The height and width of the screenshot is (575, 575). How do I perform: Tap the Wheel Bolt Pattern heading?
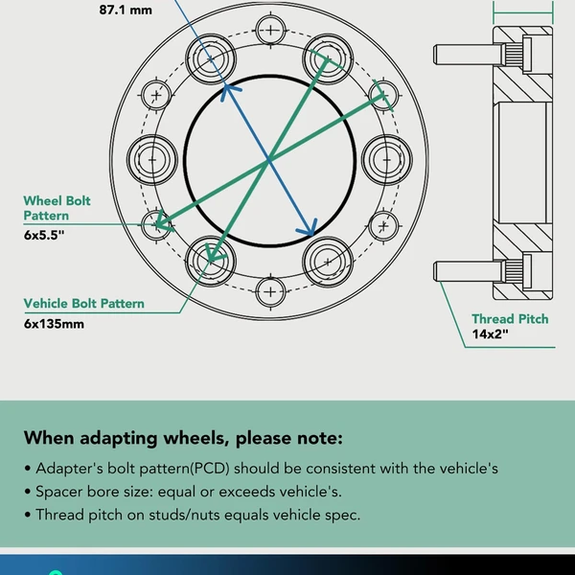coord(57,208)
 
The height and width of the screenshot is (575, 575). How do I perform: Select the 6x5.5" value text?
coord(44,235)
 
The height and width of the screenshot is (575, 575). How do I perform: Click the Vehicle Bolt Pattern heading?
coord(84,304)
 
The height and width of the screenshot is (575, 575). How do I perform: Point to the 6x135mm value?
coord(55,323)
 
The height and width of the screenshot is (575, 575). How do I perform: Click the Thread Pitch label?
coord(510,318)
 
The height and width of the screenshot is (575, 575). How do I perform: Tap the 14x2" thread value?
coord(490,335)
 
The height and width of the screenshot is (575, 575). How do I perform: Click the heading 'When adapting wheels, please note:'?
coord(182,439)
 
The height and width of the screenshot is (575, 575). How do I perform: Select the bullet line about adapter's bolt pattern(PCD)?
coord(261,470)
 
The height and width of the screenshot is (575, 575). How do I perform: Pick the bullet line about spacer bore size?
coord(187,492)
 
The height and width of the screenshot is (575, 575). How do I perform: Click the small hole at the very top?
coord(271,29)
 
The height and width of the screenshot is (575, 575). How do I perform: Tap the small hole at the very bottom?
coord(271,289)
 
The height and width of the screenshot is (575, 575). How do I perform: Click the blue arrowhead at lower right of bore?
coord(310,230)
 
